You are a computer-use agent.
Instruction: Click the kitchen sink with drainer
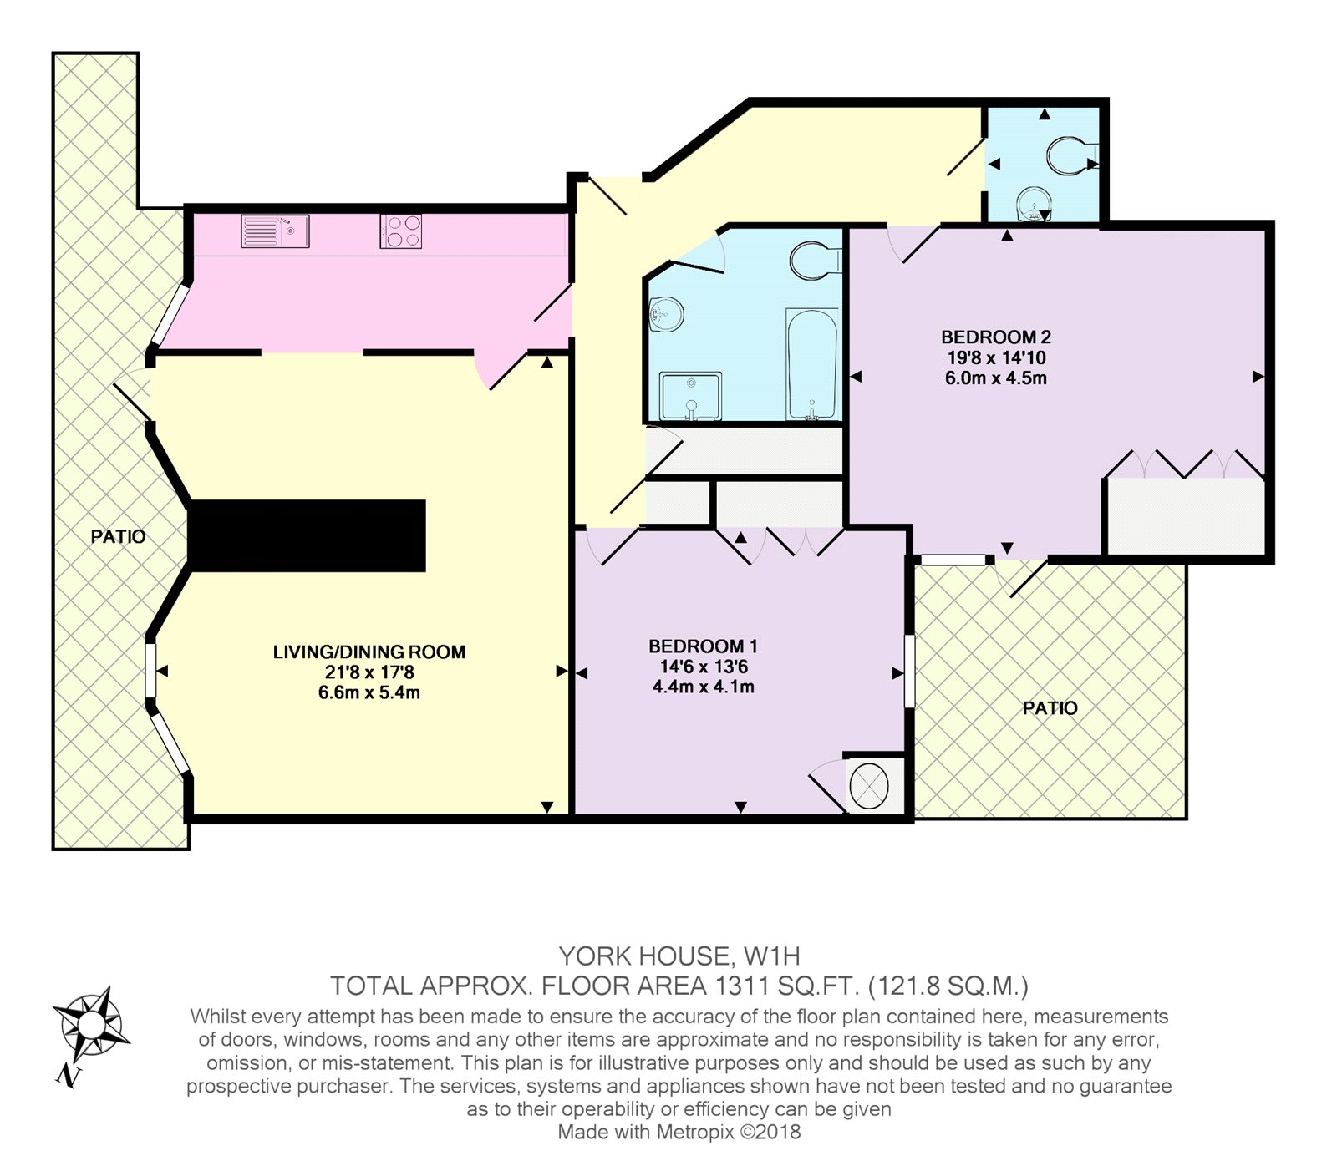pyautogui.click(x=275, y=231)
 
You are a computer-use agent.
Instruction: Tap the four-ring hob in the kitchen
pyautogui.click(x=401, y=231)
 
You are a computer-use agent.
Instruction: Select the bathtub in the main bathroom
pyautogui.click(x=811, y=364)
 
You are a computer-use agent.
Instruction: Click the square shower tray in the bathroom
pyautogui.click(x=690, y=396)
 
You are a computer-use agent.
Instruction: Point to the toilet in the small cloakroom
pyautogui.click(x=1072, y=156)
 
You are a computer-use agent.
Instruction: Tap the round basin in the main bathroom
pyautogui.click(x=667, y=316)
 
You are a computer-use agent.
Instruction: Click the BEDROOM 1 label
pyautogui.click(x=703, y=646)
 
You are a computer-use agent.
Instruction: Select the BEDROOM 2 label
pyautogui.click(x=996, y=337)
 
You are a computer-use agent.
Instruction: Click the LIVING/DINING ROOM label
pyautogui.click(x=369, y=652)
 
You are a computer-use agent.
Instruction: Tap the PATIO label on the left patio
pyautogui.click(x=119, y=537)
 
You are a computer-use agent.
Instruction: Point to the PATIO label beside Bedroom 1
pyautogui.click(x=1050, y=708)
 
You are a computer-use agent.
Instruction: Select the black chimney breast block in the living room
pyautogui.click(x=308, y=536)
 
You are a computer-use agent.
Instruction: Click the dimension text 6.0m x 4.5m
pyautogui.click(x=996, y=378)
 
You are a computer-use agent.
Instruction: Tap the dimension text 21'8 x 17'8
pyautogui.click(x=369, y=672)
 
